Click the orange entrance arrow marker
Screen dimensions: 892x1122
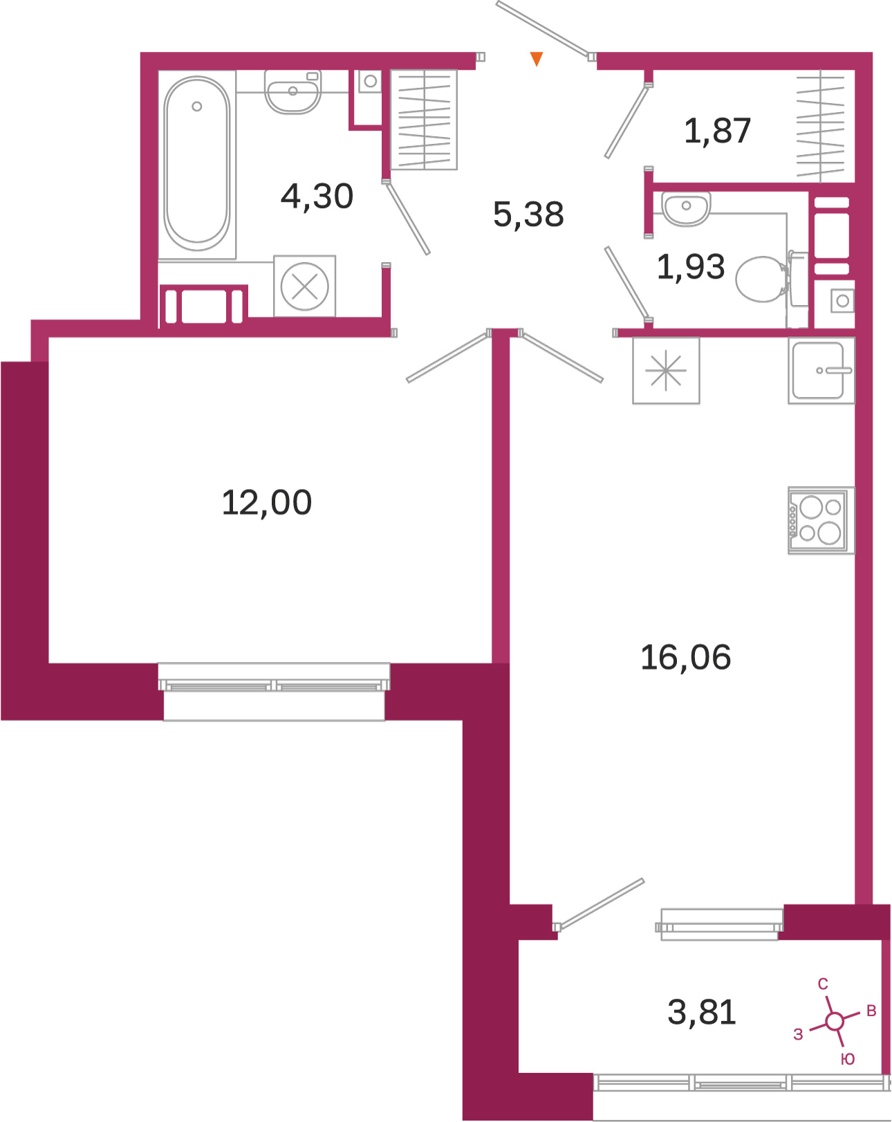click(x=537, y=58)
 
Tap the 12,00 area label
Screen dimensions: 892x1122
click(x=266, y=503)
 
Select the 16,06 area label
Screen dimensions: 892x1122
click(x=685, y=657)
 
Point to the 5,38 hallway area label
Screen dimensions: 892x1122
click(x=528, y=214)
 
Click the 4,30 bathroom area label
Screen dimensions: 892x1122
click(x=317, y=196)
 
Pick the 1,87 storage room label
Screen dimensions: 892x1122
click(x=717, y=130)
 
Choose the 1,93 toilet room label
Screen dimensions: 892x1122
click(x=691, y=267)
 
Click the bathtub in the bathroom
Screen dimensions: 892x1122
click(x=196, y=164)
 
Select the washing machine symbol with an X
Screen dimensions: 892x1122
click(x=304, y=286)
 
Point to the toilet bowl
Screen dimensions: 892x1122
click(x=772, y=279)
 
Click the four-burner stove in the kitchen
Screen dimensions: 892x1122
click(x=821, y=519)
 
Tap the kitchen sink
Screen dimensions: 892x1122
click(x=821, y=370)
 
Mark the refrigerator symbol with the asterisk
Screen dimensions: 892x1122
click(x=666, y=370)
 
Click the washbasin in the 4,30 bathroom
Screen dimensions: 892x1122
click(x=292, y=92)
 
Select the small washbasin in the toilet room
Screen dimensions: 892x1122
click(x=686, y=208)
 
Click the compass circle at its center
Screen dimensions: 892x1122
click(x=834, y=1022)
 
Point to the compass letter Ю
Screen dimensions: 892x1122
click(x=848, y=1059)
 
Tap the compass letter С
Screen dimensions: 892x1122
click(x=823, y=984)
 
